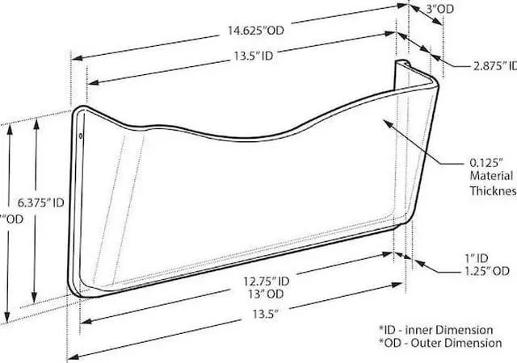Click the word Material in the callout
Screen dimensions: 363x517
point(490,175)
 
